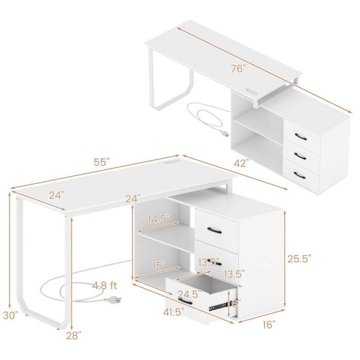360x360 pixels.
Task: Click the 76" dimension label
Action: coord(238,68)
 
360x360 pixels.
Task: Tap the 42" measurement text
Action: coord(240,164)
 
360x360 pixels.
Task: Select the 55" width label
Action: coord(101,161)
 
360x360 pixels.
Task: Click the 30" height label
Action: coord(10,314)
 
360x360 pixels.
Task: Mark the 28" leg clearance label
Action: coord(74,335)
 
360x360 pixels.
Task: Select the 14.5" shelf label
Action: coord(157,219)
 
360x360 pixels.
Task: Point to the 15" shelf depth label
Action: coord(158,266)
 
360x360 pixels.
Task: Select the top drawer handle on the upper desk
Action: coord(301,136)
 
